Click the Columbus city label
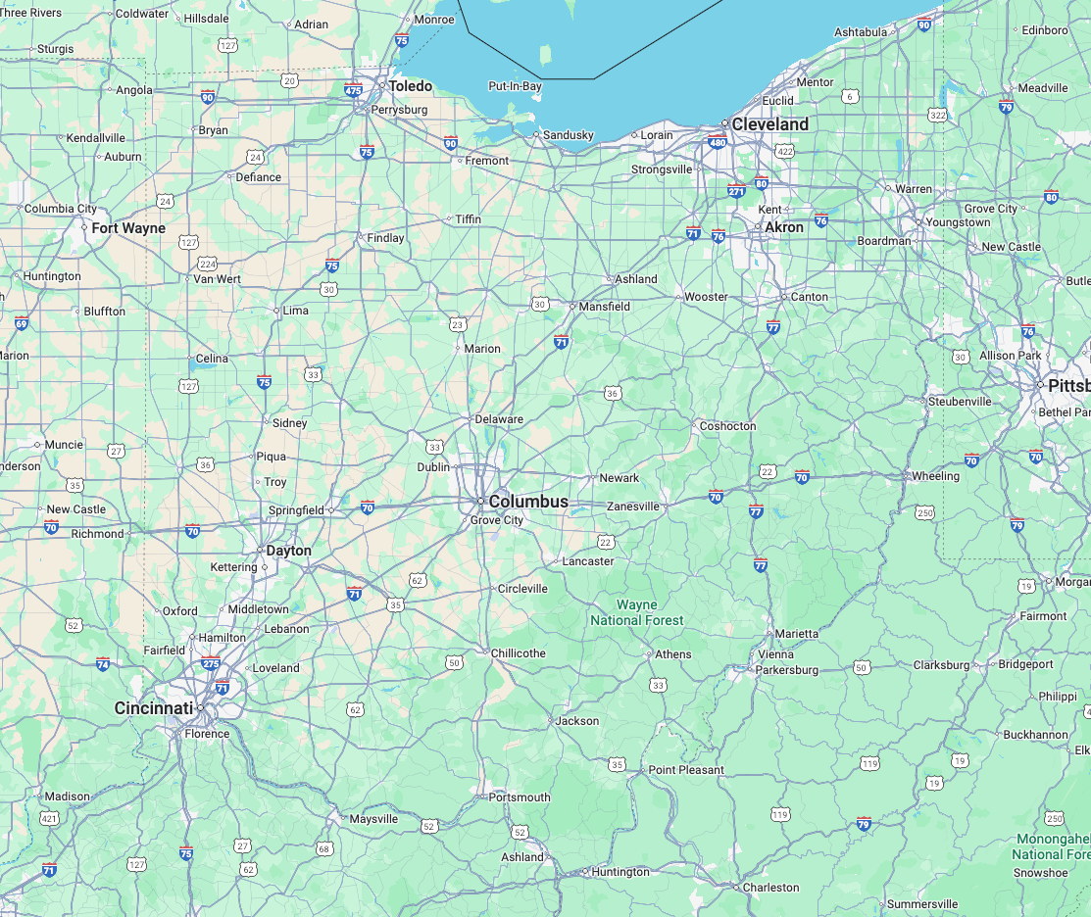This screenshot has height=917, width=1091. coord(528,502)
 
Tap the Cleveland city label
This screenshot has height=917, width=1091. coord(770,124)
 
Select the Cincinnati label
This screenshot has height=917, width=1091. coord(154,708)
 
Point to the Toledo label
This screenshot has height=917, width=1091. coord(411,86)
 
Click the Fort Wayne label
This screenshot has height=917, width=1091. coord(128,228)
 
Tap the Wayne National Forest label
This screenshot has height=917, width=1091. coord(637,613)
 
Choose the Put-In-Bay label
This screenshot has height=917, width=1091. coord(516,86)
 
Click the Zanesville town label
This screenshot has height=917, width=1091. coord(633,507)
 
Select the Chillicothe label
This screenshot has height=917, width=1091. coord(519,653)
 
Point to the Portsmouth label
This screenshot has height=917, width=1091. coord(520,797)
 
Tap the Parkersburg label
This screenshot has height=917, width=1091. coord(787,670)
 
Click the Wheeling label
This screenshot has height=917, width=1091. coord(935,476)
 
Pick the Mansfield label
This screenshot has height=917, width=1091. coord(605,307)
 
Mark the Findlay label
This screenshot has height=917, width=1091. coord(385,238)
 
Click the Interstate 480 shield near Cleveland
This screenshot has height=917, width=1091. coord(717,143)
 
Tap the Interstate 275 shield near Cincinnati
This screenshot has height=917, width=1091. coord(211,663)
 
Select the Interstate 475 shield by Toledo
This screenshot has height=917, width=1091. coord(353,90)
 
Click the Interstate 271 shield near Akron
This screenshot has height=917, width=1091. coord(736,190)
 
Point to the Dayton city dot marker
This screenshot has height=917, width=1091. coord(261,551)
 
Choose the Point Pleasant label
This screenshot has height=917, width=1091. coord(686,770)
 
